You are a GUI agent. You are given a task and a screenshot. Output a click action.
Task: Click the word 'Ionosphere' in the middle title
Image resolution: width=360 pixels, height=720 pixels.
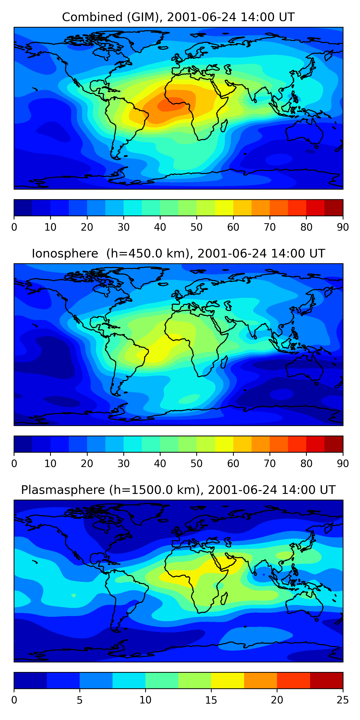(65, 253)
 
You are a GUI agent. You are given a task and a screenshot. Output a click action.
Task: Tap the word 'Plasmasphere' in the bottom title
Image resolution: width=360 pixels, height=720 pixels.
(63, 490)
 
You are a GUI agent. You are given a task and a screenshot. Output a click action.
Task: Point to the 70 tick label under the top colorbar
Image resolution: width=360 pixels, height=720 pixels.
(270, 227)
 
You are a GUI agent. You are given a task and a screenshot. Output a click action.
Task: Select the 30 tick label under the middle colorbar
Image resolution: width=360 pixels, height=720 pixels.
(123, 464)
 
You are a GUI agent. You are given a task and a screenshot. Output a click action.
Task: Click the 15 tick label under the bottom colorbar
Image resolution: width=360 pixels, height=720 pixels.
(211, 700)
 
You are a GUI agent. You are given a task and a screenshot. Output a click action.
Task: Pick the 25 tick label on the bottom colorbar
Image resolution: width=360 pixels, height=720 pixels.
(343, 700)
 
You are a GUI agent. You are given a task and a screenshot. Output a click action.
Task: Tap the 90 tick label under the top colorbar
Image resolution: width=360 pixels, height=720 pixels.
(343, 227)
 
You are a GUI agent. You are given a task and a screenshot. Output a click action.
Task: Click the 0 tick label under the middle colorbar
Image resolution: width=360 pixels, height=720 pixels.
(14, 464)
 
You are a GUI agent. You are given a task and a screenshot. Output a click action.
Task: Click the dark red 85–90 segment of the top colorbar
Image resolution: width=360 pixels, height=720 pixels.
(334, 208)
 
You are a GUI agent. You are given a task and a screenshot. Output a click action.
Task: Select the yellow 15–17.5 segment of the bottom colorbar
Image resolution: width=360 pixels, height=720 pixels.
(228, 681)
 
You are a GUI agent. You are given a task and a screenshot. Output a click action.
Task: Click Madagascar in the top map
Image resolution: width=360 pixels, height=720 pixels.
(224, 126)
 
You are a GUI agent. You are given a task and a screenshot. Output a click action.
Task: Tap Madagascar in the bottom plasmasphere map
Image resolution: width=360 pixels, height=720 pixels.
(224, 598)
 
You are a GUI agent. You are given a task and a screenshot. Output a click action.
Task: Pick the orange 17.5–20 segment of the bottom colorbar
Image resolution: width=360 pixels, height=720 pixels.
(260, 681)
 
